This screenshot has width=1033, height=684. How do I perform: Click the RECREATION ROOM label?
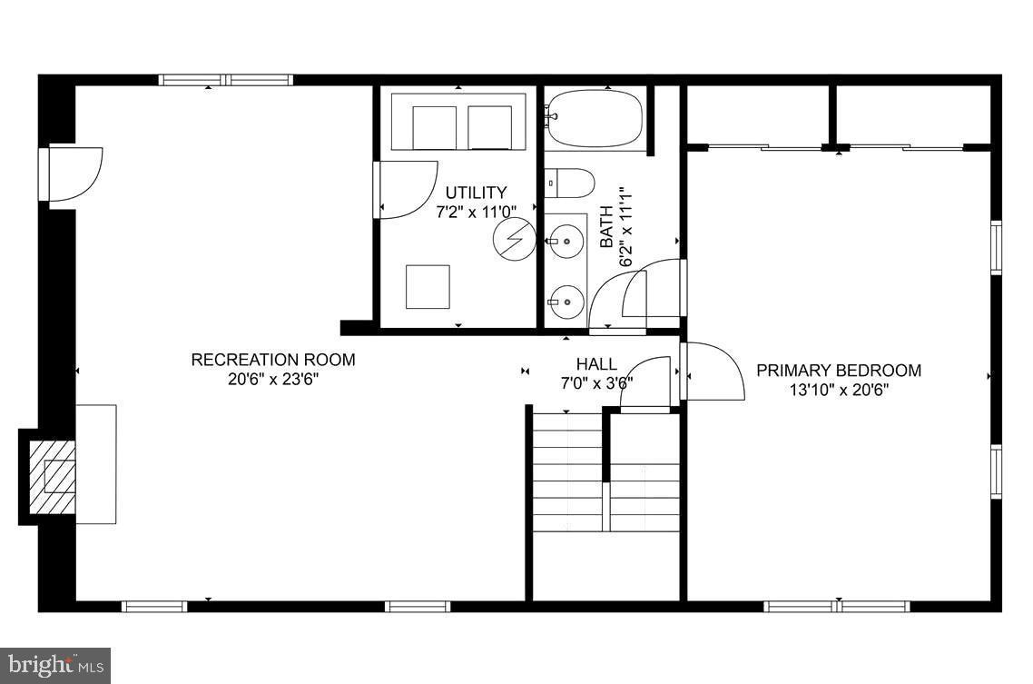(x=272, y=360)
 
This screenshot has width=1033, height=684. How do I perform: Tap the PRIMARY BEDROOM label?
(x=839, y=371)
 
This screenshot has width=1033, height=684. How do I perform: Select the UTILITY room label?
(x=476, y=193)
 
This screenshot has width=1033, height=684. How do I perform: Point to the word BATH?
(x=606, y=228)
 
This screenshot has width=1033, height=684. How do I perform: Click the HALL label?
(x=596, y=364)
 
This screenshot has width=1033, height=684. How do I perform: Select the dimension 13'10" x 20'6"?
(x=839, y=391)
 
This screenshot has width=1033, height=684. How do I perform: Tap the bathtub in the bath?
(x=594, y=119)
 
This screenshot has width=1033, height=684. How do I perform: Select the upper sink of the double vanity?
(x=566, y=242)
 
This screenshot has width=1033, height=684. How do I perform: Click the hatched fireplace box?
(x=53, y=476)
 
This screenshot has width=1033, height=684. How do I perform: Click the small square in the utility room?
(x=428, y=287)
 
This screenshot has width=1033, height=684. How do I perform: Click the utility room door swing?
(x=405, y=189)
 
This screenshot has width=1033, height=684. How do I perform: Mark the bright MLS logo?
(x=54, y=665)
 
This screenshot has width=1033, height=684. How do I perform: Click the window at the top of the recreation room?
(x=226, y=80)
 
